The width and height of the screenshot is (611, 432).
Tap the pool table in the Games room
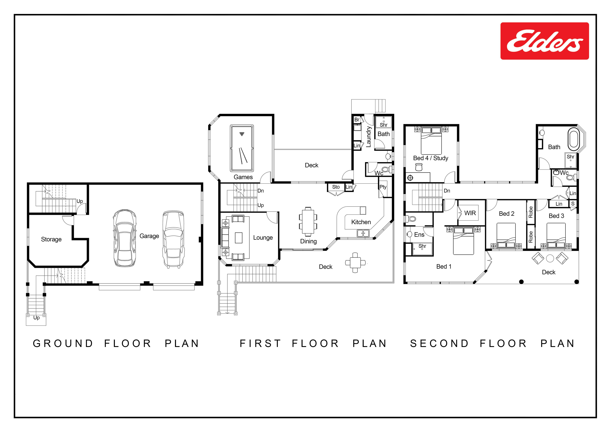(242, 148)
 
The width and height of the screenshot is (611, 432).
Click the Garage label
(149, 236)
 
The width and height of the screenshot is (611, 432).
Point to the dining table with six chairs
(308, 222)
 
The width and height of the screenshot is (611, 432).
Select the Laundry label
(369, 137)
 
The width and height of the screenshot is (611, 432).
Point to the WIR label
(470, 213)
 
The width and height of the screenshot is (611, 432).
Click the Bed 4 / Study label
(431, 158)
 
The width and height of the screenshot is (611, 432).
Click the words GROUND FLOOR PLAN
(116, 343)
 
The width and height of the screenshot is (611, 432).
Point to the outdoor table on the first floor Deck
(355, 263)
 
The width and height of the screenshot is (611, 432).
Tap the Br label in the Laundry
(357, 120)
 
